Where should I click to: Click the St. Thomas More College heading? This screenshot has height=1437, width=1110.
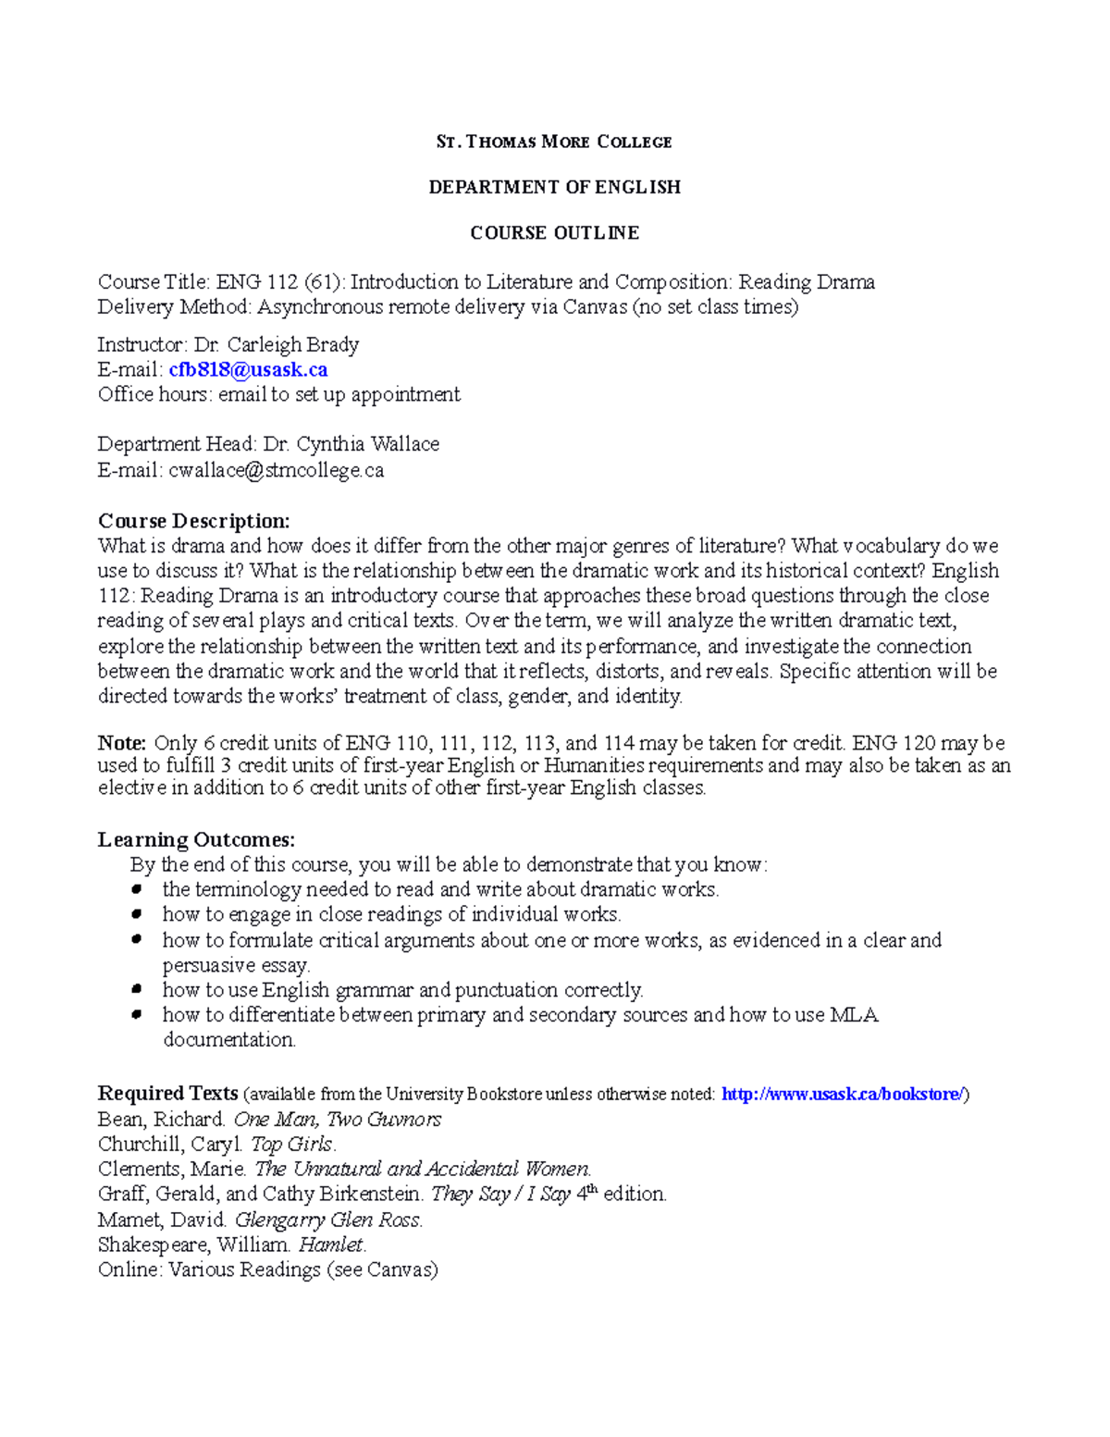554,142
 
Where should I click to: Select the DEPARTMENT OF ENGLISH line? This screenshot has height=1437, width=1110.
554,187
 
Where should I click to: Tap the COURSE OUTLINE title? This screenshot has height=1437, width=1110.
554,232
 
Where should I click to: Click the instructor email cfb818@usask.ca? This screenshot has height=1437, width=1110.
248,369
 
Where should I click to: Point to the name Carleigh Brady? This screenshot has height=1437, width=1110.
292,345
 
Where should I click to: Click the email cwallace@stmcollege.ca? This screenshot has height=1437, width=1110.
276,470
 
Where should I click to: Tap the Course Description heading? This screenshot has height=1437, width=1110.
193,520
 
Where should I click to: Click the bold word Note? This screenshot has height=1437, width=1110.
121,743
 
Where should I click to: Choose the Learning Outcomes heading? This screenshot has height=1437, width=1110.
196,839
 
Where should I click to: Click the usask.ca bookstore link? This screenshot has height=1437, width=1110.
843,1094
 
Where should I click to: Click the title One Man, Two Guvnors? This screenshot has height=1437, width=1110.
338,1120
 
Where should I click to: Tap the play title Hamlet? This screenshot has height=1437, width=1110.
332,1245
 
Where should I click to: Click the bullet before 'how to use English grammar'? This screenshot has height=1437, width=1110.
137,989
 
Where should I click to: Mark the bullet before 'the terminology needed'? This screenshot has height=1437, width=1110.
137,889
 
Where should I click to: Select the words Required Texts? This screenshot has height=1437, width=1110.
167,1094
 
